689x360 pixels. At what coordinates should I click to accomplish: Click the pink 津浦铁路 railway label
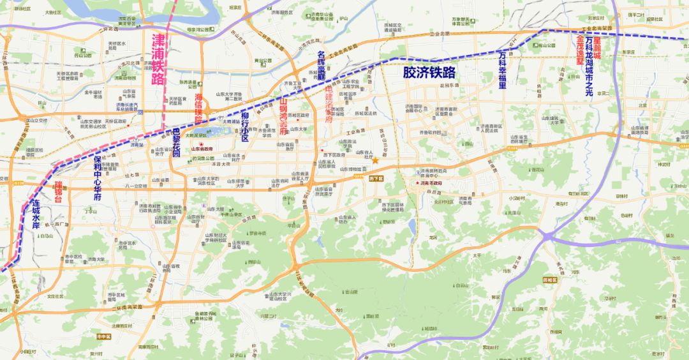158,59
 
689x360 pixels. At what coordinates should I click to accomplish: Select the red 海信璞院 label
198,108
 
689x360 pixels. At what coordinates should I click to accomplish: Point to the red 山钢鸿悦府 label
283,115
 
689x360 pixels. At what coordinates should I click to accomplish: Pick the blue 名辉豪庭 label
322,66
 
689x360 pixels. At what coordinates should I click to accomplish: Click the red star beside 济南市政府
417,183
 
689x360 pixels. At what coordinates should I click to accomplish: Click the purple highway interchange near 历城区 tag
548,236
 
